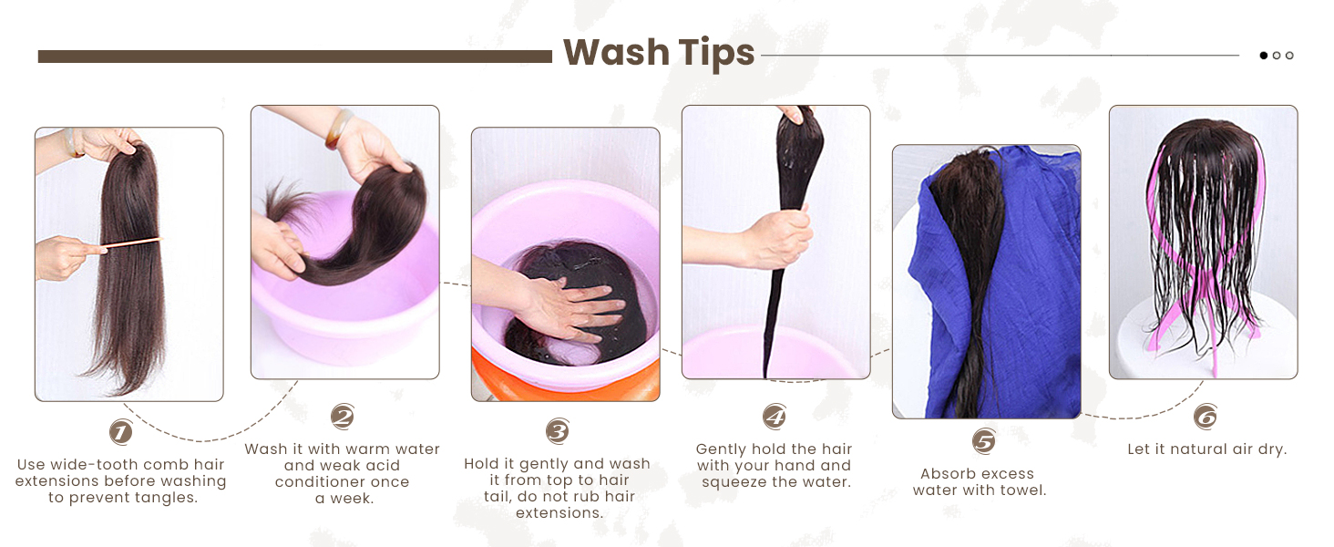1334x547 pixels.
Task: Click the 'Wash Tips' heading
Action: pos(658,53)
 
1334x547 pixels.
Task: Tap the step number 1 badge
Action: pos(120,431)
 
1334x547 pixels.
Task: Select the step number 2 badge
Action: pos(342,418)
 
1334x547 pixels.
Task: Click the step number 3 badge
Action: pos(558,430)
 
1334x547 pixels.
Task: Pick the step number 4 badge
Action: pos(774,418)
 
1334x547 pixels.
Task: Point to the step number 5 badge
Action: pos(983,442)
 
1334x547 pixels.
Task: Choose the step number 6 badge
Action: pos(1205,418)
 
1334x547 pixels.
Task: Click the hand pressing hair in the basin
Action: pos(565,305)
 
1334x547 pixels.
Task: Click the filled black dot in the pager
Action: pos(1264,56)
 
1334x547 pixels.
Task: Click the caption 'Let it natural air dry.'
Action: pos(1206,449)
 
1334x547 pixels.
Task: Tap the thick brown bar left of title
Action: pos(294,57)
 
